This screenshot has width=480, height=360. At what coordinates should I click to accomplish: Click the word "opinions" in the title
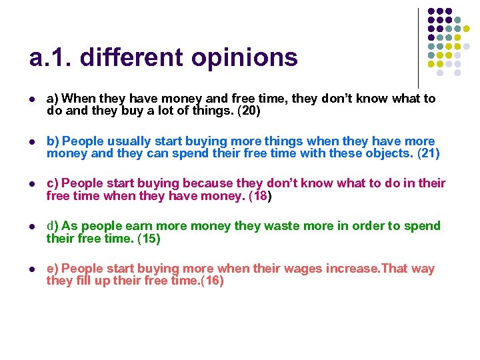point(244,59)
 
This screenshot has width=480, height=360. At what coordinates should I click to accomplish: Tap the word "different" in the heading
point(133,57)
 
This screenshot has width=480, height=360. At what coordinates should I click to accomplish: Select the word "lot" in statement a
point(163,111)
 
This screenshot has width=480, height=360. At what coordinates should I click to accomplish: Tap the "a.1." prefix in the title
point(50,59)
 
